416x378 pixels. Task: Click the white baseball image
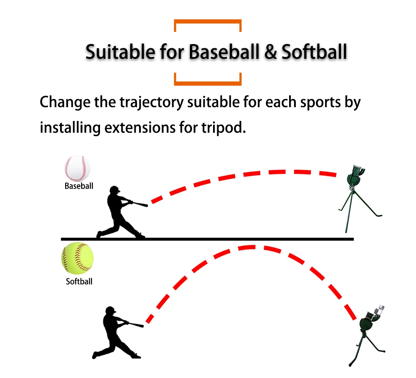click(x=77, y=168)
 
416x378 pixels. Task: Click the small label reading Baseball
click(x=79, y=186)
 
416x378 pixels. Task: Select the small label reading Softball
click(x=79, y=281)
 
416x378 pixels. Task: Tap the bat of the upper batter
click(x=137, y=204)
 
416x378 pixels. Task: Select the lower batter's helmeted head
click(x=110, y=311)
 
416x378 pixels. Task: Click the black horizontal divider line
click(x=207, y=239)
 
